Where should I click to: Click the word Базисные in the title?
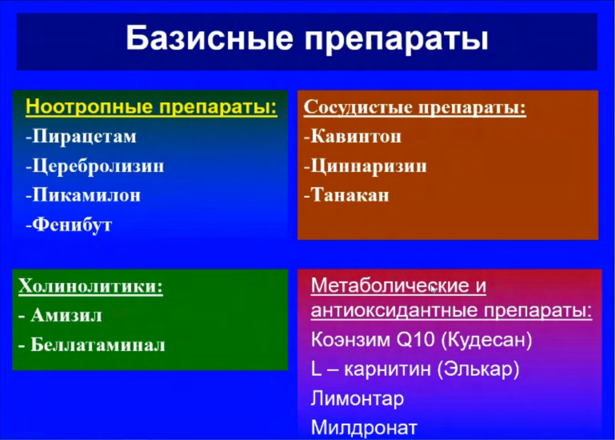pos(209,38)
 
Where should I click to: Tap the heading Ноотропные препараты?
pos(151,107)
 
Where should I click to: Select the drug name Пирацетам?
pos(84,136)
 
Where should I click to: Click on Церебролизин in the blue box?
pos(98,166)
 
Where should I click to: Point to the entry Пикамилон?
pos(86,195)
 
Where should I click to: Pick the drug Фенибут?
pos(72,225)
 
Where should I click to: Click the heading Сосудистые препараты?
pos(414,107)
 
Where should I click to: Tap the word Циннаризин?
pos(368,166)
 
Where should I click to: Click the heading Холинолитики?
pos(91,287)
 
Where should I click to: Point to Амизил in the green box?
pos(66,316)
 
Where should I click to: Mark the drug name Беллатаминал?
pos(98,344)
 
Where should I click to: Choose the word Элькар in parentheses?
pos(478,369)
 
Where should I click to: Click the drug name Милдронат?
pos(364,427)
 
